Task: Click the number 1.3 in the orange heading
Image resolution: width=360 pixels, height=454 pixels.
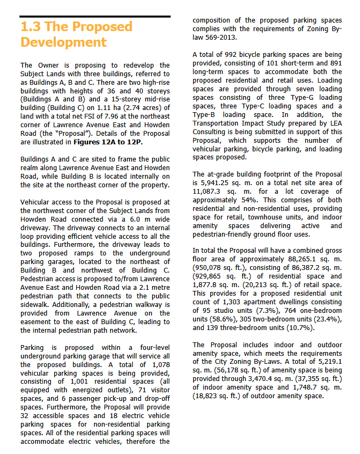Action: [x=31, y=27]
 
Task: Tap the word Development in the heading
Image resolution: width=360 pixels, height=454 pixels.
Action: [x=63, y=42]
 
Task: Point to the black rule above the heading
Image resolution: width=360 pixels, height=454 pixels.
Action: [x=95, y=17]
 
